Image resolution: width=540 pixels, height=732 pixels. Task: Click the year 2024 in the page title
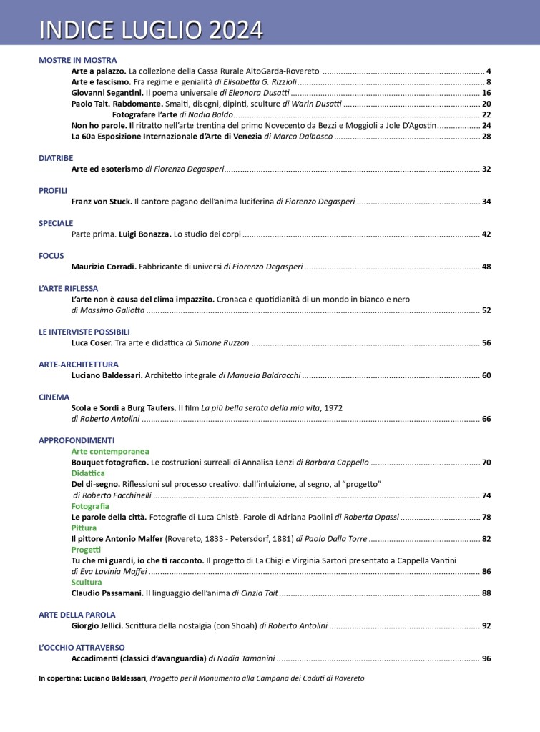click(x=235, y=29)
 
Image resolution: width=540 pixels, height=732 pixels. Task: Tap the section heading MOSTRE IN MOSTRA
click(x=77, y=60)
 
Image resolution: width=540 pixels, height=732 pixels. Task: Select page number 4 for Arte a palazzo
click(x=488, y=71)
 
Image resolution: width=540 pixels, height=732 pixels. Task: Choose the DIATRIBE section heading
click(x=56, y=158)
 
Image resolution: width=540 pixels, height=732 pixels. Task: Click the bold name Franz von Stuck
click(x=102, y=202)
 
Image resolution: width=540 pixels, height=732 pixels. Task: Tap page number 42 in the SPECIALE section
click(x=486, y=234)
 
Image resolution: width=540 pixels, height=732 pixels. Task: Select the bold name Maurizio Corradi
click(x=104, y=267)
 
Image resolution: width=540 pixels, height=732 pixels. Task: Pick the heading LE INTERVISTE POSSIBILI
click(x=84, y=332)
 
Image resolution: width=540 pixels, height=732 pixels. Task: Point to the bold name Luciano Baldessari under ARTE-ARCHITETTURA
click(x=107, y=375)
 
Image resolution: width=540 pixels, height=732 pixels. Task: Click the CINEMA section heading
click(x=54, y=397)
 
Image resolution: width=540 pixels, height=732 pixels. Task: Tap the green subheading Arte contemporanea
click(x=110, y=452)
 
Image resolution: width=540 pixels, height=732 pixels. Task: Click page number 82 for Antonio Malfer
click(x=486, y=538)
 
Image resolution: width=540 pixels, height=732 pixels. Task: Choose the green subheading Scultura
click(x=87, y=582)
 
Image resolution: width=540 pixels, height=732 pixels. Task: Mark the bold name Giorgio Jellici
click(x=97, y=625)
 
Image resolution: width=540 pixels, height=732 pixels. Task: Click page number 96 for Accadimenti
click(x=486, y=658)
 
